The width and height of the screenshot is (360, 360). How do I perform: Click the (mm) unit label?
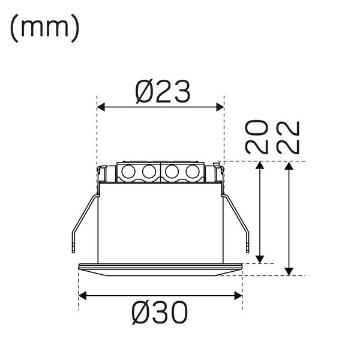(44, 28)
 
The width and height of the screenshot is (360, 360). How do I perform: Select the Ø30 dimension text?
(160, 312)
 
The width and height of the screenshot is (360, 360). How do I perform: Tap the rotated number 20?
(257, 137)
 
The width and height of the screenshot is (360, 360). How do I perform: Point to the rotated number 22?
(289, 137)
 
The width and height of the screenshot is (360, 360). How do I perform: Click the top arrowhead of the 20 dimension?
(260, 166)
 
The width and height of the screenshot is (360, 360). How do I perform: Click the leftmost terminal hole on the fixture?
(128, 172)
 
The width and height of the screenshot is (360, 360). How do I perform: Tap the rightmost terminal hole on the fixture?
(191, 172)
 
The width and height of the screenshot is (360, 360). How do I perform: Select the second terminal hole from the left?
(149, 172)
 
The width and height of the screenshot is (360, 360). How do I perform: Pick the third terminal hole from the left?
(171, 172)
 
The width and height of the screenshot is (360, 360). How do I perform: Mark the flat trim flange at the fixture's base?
(160, 269)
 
